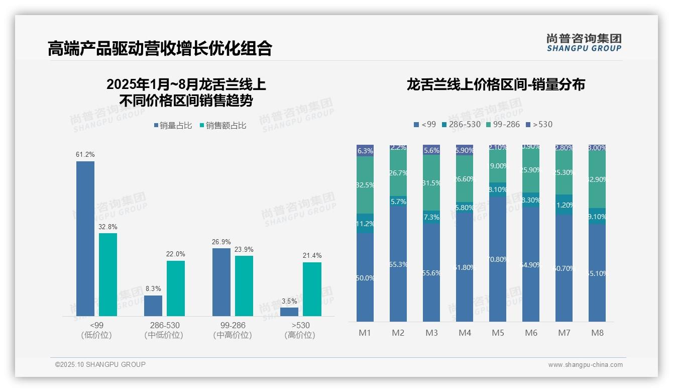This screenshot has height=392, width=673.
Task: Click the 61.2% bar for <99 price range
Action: pyautogui.click(x=85, y=239)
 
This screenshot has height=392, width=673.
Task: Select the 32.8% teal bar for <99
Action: pyautogui.click(x=108, y=274)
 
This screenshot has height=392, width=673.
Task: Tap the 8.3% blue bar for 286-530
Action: pyautogui.click(x=153, y=306)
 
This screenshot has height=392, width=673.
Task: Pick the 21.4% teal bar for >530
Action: pyautogui.click(x=312, y=289)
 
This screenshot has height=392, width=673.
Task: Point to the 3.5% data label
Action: pyautogui.click(x=289, y=302)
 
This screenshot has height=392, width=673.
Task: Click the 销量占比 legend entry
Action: pyautogui.click(x=172, y=126)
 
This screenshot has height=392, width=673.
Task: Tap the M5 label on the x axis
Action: pyautogui.click(x=498, y=333)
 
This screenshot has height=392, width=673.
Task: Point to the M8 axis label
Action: pyautogui.click(x=597, y=333)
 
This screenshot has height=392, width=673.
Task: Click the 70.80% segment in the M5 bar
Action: pyautogui.click(x=498, y=259)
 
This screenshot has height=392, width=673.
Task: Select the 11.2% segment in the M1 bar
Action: pyautogui.click(x=365, y=224)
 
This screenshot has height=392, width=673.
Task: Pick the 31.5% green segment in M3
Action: pyautogui.click(x=431, y=182)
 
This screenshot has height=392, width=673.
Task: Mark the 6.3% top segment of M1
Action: pyautogui.click(x=365, y=150)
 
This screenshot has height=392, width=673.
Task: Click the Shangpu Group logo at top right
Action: pyautogui.click(x=584, y=43)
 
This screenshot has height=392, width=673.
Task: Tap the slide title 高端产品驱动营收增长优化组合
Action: pyautogui.click(x=160, y=48)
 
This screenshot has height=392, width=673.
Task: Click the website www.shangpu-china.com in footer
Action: pyautogui.click(x=585, y=365)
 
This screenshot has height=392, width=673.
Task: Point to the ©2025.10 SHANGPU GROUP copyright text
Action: pyautogui.click(x=100, y=364)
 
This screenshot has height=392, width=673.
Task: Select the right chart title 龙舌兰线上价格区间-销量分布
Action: pyautogui.click(x=496, y=84)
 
